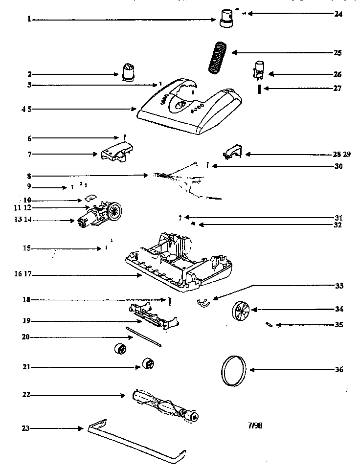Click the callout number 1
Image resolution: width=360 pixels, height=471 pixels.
point(29,19)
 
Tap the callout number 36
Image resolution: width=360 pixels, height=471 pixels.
point(338,370)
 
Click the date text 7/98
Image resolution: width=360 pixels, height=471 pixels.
point(255,426)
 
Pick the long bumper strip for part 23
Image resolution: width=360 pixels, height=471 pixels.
point(137,441)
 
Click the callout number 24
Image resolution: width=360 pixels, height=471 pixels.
point(338,14)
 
